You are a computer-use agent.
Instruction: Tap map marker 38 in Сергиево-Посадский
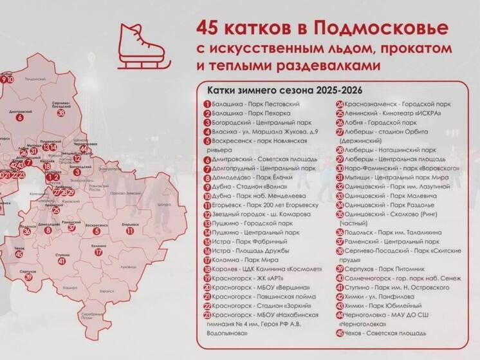(x=61, y=113)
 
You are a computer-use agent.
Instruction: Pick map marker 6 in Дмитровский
(x=20, y=118)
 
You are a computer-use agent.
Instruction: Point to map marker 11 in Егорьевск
(x=130, y=231)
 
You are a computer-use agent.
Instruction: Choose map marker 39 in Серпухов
(x=29, y=278)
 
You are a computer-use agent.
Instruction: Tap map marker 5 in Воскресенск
(x=96, y=231)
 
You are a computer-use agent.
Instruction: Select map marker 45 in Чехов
(x=19, y=254)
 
